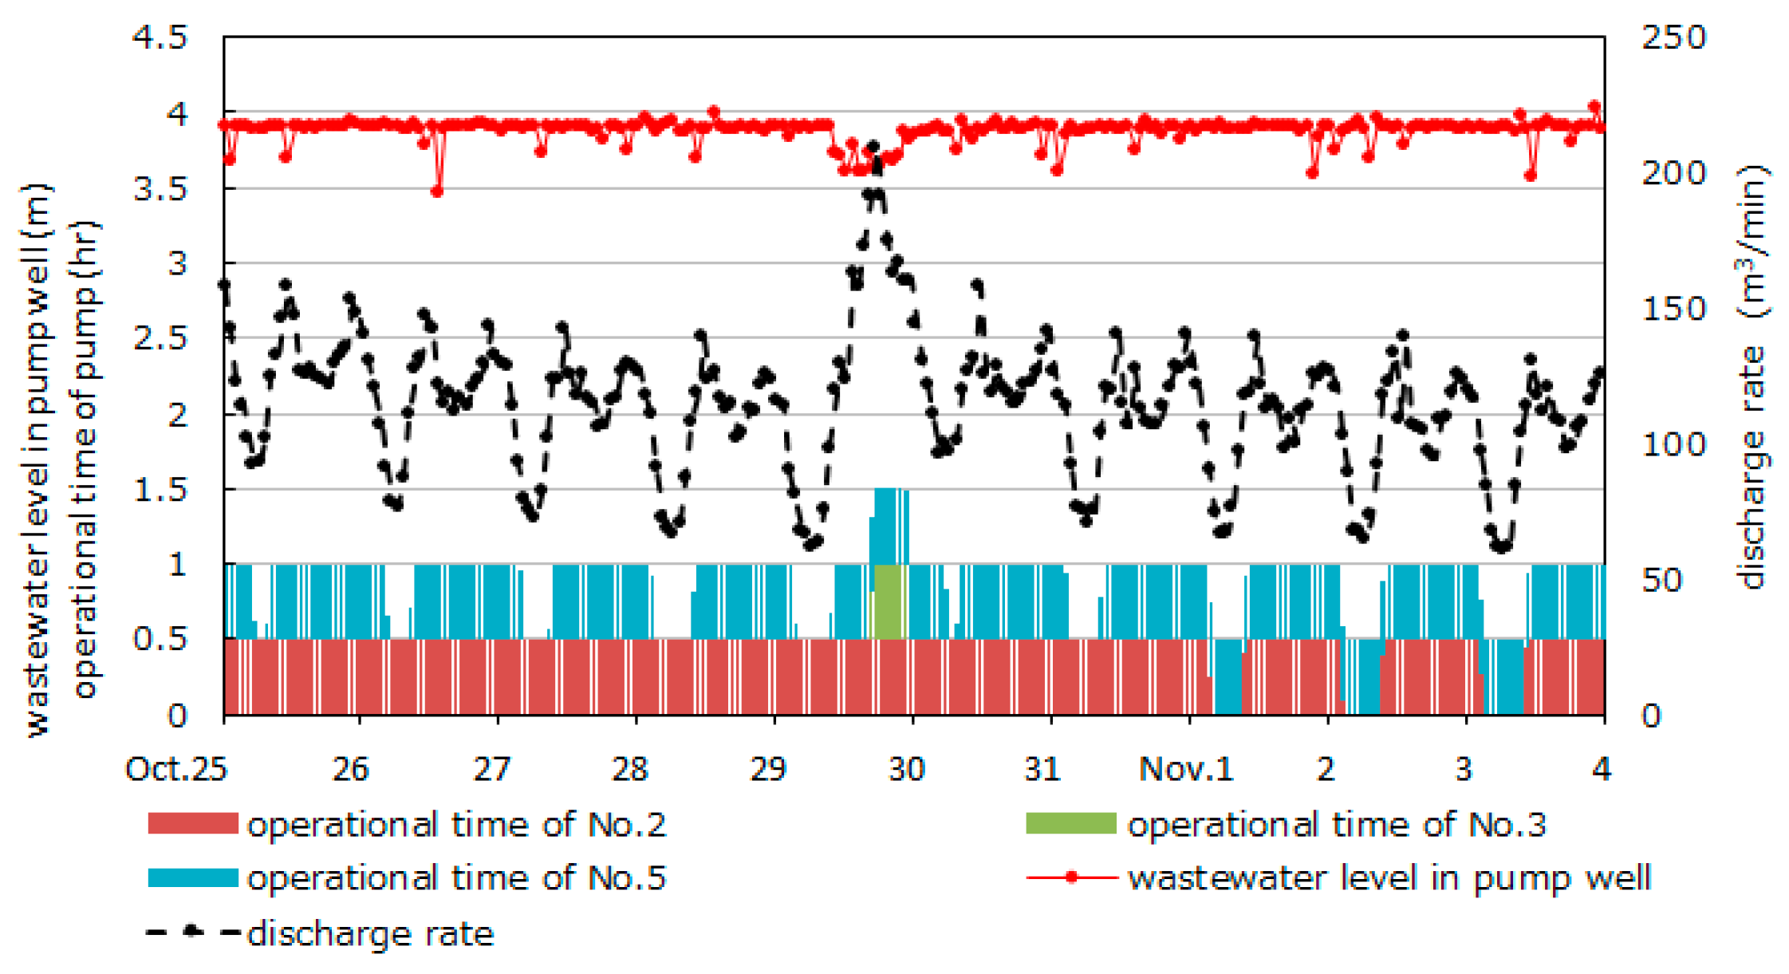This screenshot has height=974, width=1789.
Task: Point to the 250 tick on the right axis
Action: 1673,38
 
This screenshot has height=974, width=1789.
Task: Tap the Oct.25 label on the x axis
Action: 176,769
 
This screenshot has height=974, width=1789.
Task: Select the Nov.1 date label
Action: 1185,769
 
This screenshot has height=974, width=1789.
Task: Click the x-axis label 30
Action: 907,769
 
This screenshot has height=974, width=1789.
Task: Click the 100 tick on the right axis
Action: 1673,444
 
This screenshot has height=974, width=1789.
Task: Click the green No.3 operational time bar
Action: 889,602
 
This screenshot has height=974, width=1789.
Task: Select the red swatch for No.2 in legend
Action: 193,823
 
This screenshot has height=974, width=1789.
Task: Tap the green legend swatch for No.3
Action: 1070,823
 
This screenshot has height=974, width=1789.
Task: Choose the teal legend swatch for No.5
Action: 193,877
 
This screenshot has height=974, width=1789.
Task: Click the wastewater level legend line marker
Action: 1071,877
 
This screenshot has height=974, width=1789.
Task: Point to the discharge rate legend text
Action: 370,933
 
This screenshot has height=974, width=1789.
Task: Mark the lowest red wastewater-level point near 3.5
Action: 436,191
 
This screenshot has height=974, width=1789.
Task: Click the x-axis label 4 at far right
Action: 1602,769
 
